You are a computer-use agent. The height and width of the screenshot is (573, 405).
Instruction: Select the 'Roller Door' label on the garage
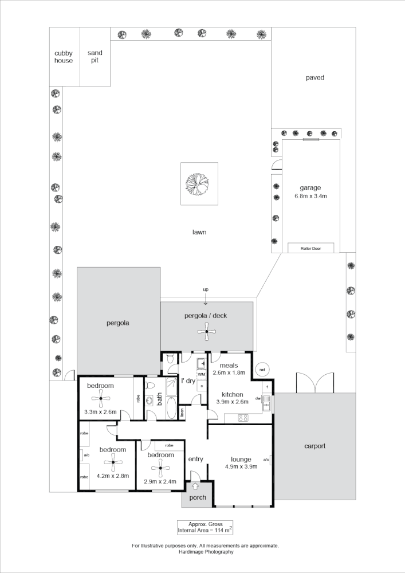312,248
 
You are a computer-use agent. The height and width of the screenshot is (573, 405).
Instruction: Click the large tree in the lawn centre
199,184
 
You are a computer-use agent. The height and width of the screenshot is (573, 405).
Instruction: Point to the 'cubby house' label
64,57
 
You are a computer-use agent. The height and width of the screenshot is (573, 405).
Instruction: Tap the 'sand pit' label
95,57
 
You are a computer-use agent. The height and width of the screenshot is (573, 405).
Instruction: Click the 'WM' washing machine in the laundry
201,374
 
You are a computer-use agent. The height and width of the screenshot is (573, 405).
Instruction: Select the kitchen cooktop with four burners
242,417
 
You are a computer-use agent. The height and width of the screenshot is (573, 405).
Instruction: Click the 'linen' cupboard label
182,412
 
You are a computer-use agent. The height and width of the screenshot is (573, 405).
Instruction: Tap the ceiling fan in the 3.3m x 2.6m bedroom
100,399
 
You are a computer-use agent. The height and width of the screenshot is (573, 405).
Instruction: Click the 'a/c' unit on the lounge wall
266,460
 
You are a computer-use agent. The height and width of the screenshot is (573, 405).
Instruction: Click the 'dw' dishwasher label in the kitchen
258,399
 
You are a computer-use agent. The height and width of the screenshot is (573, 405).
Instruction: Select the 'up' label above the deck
206,291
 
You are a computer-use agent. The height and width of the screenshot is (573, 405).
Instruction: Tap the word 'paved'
314,77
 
